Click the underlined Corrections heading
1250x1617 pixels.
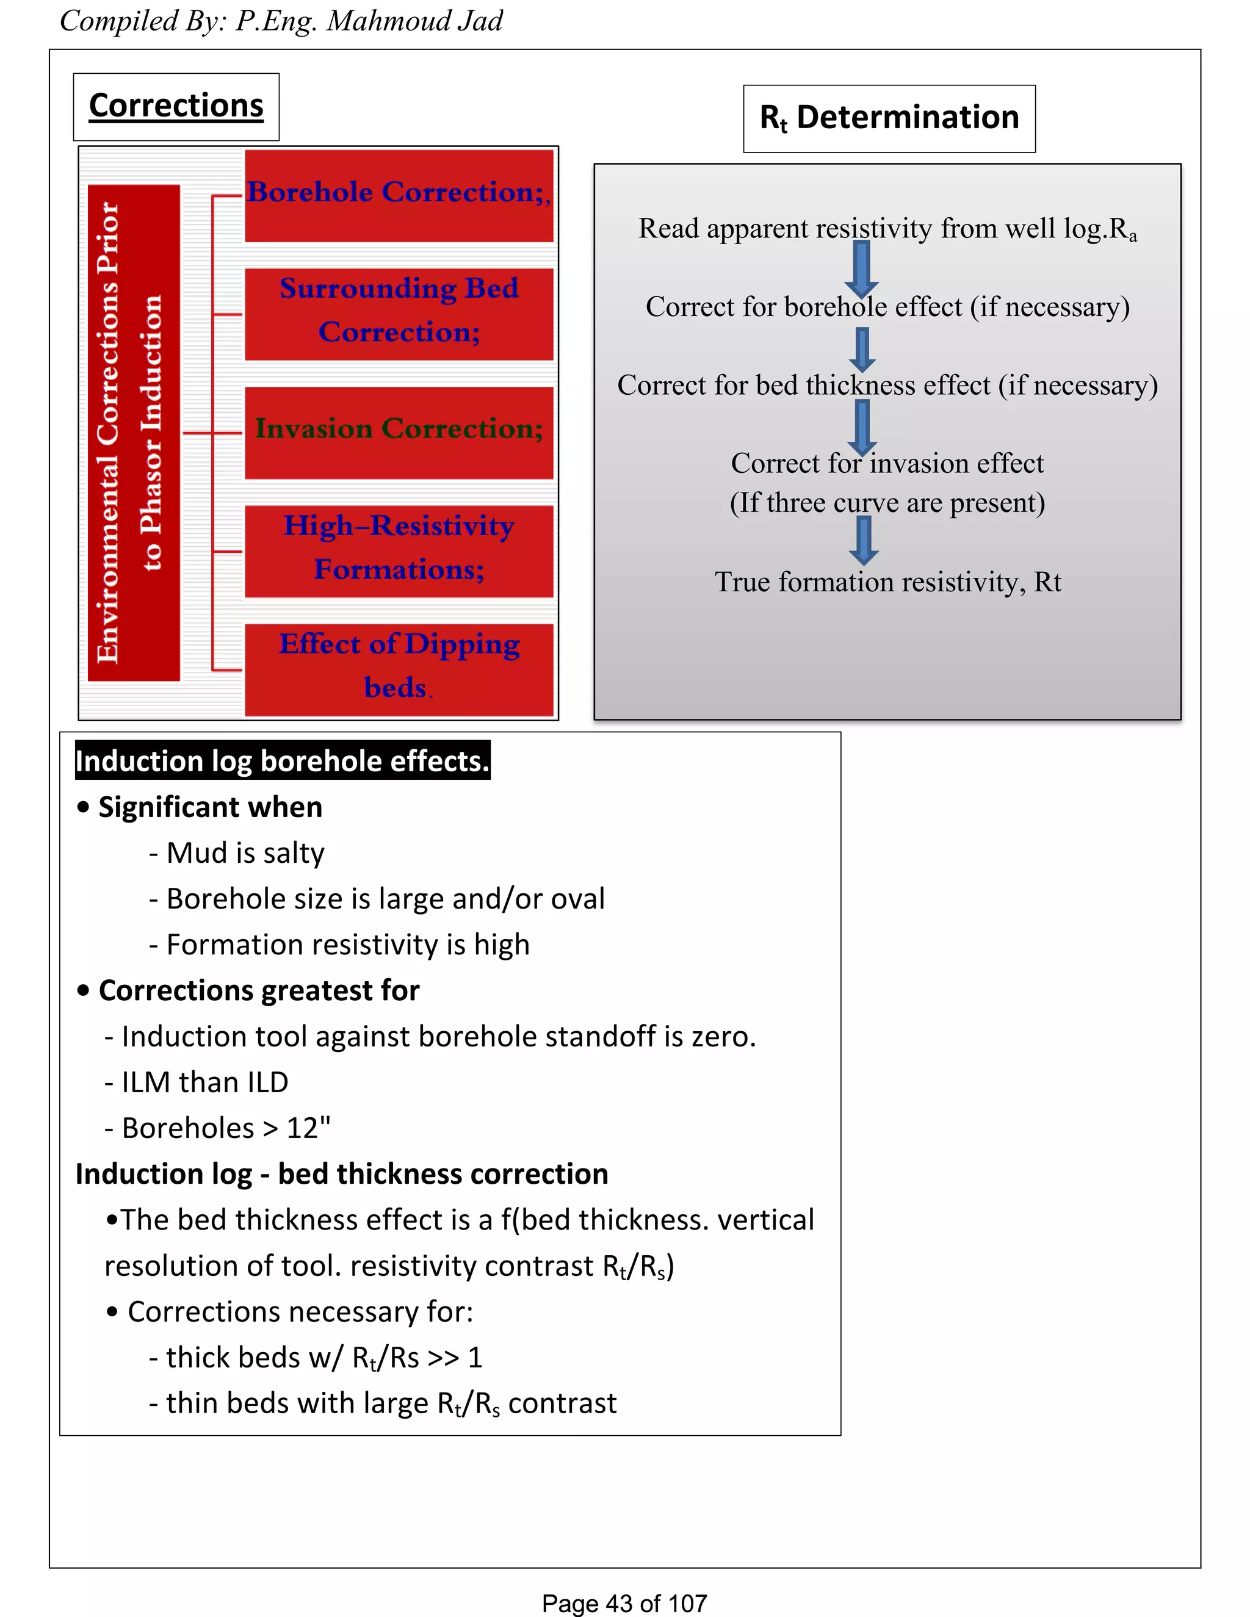[176, 106]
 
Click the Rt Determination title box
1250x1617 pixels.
[889, 118]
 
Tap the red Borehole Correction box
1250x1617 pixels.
[399, 195]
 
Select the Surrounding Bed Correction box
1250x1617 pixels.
[399, 313]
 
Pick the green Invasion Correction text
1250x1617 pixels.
[399, 429]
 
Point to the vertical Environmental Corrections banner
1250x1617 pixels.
[132, 433]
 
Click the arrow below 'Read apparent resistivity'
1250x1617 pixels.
[861, 268]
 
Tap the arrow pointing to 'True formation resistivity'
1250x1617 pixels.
[862, 540]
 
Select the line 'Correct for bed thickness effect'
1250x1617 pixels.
[887, 385]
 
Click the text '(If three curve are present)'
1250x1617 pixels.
[887, 503]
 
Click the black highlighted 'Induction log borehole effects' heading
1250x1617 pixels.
[282, 761]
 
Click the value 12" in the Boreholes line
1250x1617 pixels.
[308, 1128]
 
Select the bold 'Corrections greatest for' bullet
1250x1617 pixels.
[258, 990]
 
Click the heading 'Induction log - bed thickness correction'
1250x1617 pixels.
[341, 1174]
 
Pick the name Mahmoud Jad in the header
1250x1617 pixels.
[414, 21]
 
